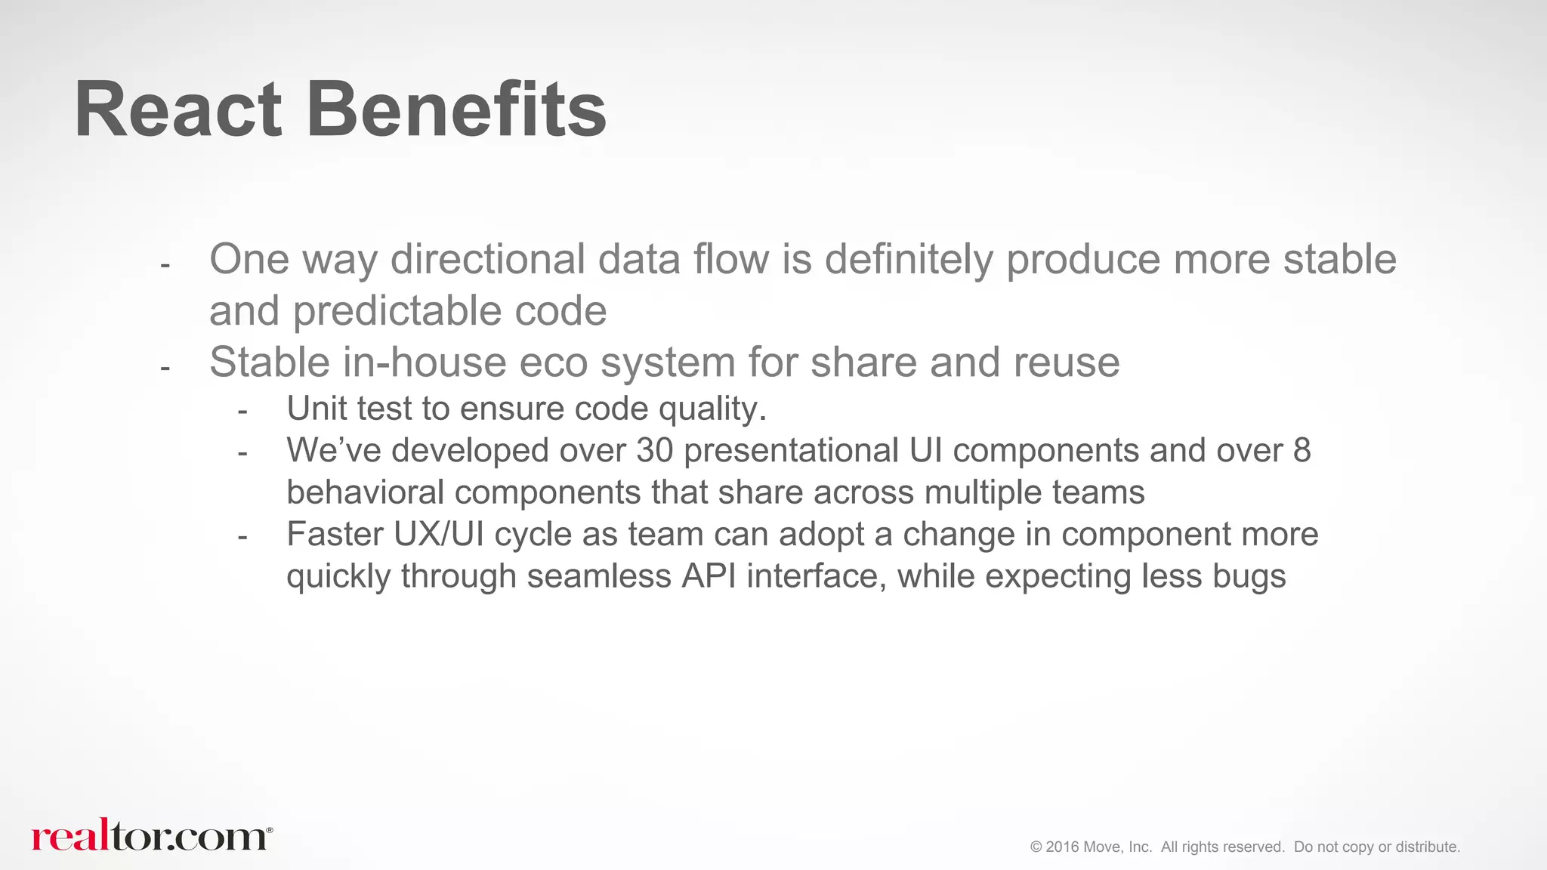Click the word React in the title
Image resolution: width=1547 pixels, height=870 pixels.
[x=178, y=110]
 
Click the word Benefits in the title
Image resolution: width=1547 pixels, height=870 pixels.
[x=455, y=110]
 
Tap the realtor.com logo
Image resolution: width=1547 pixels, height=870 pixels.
[x=151, y=835]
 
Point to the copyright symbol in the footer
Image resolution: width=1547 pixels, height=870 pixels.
[x=1036, y=847]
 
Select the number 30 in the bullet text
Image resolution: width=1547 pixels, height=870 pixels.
[x=654, y=450]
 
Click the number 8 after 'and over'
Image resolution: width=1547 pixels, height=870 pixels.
[x=1302, y=450]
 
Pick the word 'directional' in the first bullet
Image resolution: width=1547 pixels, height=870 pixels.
[x=488, y=259]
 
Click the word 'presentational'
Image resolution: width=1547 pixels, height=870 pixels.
[x=791, y=450]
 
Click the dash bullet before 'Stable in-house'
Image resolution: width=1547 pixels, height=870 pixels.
[x=165, y=369]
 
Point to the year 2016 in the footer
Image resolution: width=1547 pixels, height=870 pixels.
[x=1062, y=847]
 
